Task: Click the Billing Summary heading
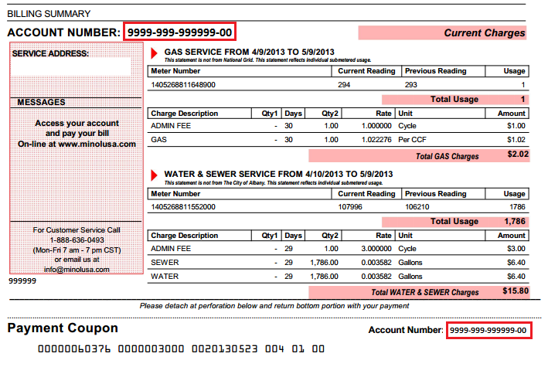tap(49, 13)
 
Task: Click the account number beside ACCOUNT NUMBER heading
tap(179, 32)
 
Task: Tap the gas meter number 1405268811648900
tap(183, 85)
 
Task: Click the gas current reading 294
tap(345, 85)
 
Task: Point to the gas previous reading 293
tap(411, 85)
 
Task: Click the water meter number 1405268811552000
tap(183, 207)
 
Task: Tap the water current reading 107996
tap(351, 207)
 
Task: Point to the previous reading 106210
tap(417, 207)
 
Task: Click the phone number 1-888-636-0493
tap(76, 240)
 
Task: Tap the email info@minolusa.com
tap(76, 270)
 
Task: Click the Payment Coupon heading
tap(63, 328)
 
